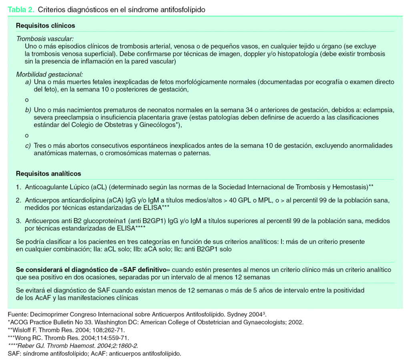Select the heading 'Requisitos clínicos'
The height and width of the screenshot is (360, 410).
click(45, 26)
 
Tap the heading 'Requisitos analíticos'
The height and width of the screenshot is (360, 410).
click(48, 174)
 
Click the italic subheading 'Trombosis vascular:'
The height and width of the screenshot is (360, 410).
click(45, 39)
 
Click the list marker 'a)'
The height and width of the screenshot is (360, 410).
click(28, 82)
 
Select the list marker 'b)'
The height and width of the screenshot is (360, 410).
click(28, 110)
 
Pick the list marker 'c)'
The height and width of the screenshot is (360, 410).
click(28, 146)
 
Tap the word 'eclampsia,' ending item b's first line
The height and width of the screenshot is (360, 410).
click(379, 110)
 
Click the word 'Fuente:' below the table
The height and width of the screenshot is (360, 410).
click(18, 314)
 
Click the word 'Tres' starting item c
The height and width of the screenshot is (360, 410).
click(40, 146)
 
